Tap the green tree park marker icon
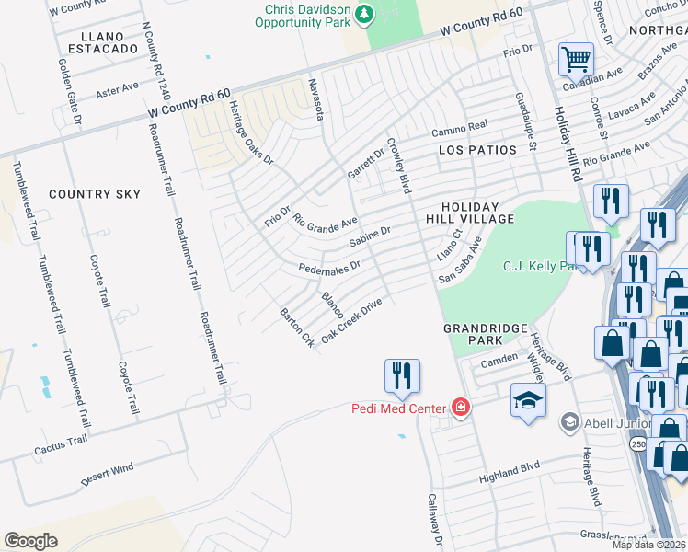365,15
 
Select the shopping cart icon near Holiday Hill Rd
576,60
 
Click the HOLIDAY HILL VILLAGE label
469,213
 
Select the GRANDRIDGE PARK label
485,334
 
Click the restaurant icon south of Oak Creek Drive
401,375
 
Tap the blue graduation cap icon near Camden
529,400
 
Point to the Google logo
31,540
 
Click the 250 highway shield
637,444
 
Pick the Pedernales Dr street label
329,266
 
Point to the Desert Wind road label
108,475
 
